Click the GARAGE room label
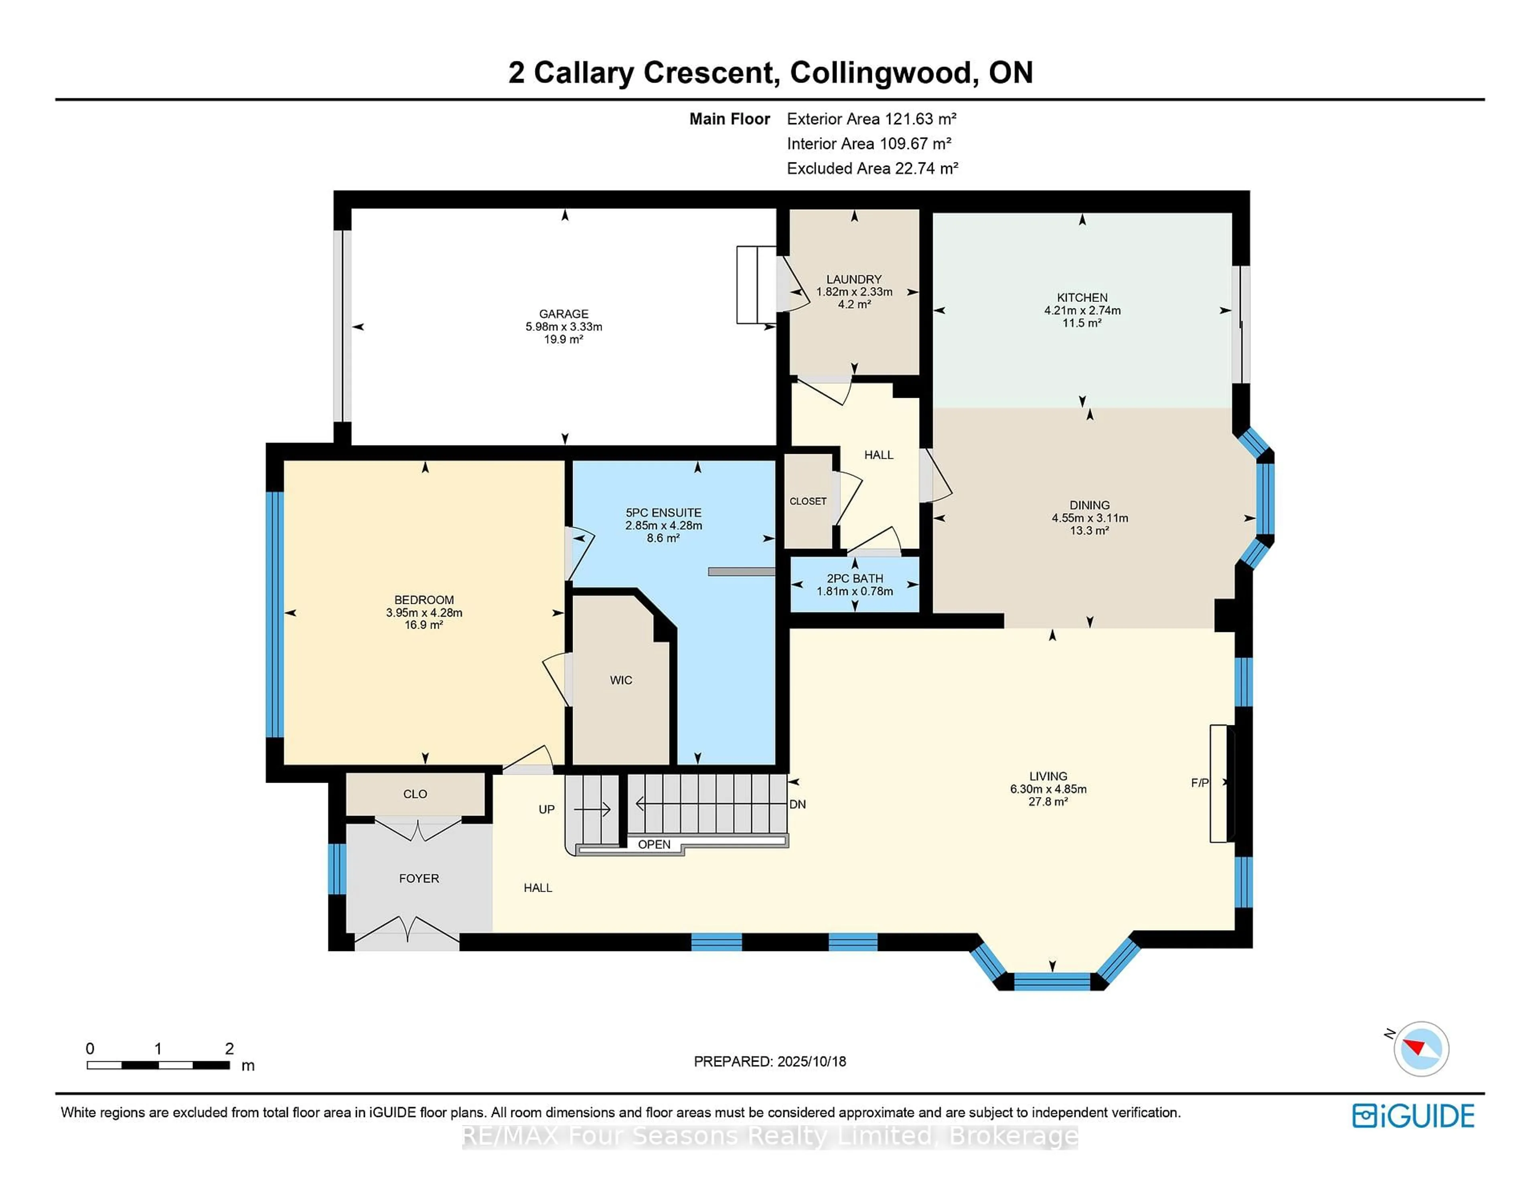click(x=563, y=314)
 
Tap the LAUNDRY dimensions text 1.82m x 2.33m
click(x=854, y=292)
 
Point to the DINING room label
click(x=1089, y=505)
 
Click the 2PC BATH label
click(x=855, y=578)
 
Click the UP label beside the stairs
click(x=547, y=810)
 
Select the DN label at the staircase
click(x=798, y=804)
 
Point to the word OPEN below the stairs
click(x=654, y=844)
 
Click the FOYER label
click(x=419, y=878)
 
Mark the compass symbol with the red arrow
click(x=1421, y=1048)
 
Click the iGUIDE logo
click(x=1413, y=1116)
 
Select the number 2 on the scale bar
click(x=229, y=1048)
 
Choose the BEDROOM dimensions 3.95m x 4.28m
click(x=424, y=613)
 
